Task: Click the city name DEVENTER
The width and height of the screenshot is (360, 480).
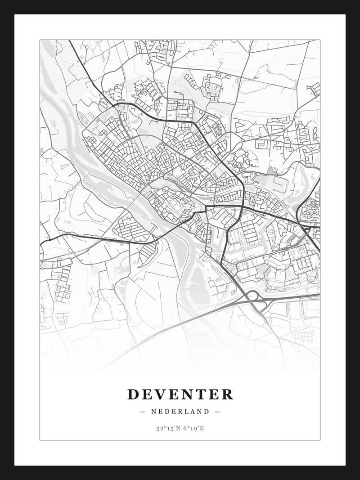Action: point(180,394)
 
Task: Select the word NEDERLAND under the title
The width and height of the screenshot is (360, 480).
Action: point(180,411)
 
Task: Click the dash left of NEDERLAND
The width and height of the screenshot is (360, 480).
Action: point(143,411)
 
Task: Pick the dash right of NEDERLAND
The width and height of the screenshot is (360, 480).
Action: point(217,411)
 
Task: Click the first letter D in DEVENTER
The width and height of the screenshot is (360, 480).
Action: point(133,394)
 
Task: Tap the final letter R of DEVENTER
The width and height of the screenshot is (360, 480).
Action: point(228,394)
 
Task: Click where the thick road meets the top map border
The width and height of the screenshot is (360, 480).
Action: point(69,40)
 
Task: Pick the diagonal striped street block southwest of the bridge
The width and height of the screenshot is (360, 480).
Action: point(146,252)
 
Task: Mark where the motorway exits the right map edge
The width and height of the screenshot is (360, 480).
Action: point(319,295)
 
